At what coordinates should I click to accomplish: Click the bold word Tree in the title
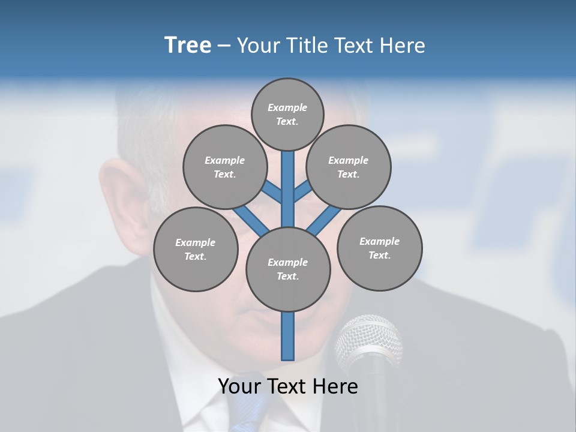click(x=188, y=45)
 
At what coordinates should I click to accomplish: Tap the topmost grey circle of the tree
click(x=287, y=114)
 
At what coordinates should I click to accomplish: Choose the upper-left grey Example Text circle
click(x=224, y=167)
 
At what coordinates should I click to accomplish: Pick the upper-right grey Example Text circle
click(x=349, y=167)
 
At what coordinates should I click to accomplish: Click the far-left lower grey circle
click(x=195, y=249)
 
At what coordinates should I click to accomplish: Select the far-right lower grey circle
click(x=379, y=248)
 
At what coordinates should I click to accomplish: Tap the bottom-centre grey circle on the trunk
click(x=288, y=269)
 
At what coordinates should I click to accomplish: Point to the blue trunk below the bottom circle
click(x=288, y=336)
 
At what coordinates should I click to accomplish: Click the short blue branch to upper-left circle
click(x=272, y=192)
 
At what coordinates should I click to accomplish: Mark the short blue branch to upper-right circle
click(x=302, y=191)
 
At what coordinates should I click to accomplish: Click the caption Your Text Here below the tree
click(x=288, y=386)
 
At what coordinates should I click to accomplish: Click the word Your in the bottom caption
click(x=239, y=386)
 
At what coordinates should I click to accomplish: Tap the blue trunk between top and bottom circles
click(x=288, y=189)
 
